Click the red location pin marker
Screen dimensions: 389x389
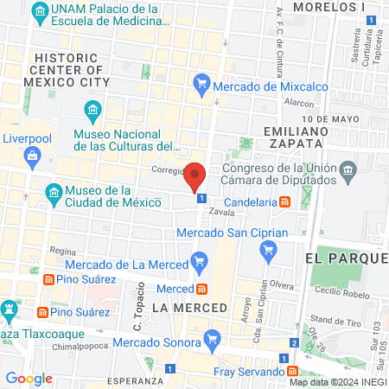(195, 176)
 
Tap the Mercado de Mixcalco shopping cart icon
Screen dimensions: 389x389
(201, 84)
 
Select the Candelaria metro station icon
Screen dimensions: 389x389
(284, 202)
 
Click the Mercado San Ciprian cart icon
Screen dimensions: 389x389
(267, 250)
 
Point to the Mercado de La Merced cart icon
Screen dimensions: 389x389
(201, 259)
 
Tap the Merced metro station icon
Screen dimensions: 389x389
(201, 289)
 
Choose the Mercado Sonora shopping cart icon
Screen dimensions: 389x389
(210, 337)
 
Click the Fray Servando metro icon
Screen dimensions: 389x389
(294, 372)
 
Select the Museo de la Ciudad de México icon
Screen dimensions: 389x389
(54, 191)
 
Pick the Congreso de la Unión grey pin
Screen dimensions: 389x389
(348, 169)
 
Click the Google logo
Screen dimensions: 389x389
(29, 379)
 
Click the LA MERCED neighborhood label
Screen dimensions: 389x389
(188, 308)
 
